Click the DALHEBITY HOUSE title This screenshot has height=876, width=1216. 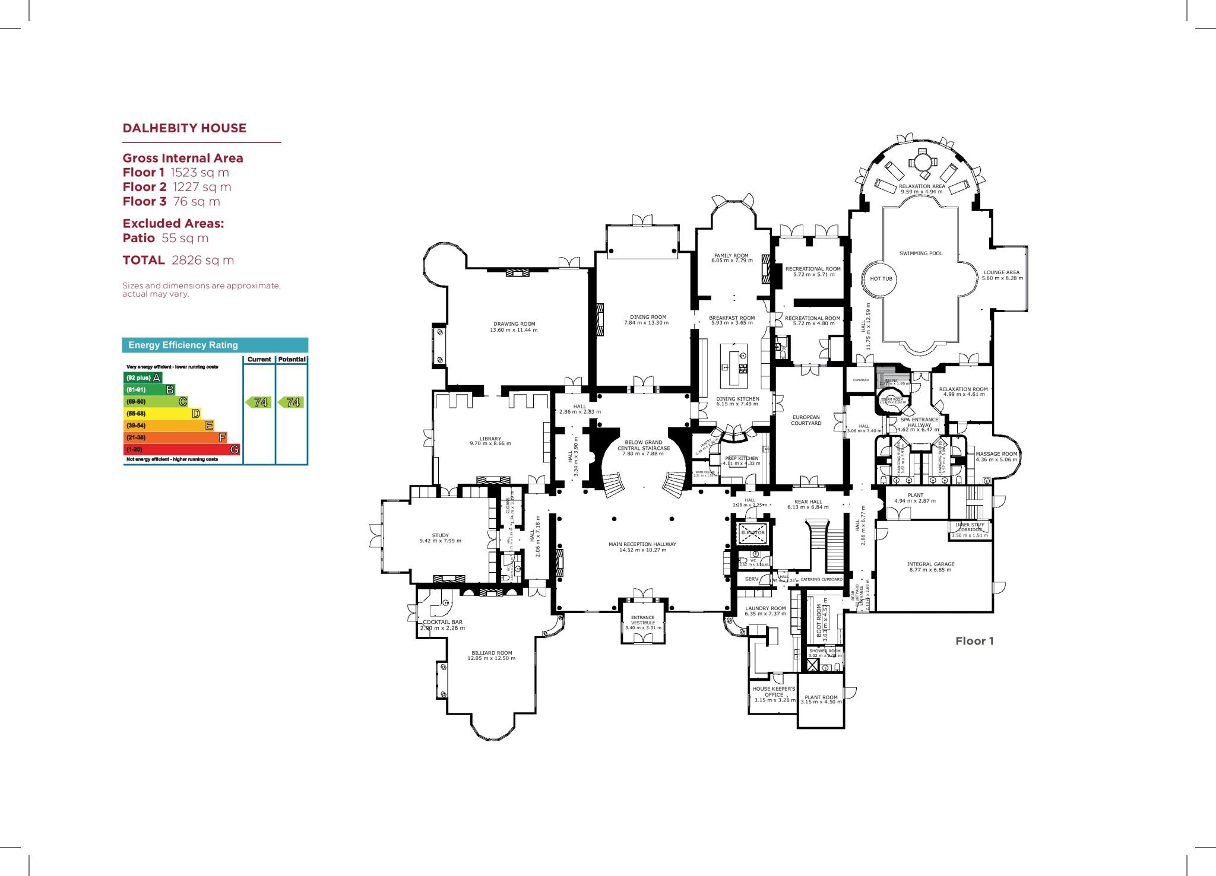[x=184, y=128]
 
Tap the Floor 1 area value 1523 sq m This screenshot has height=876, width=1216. [x=199, y=173]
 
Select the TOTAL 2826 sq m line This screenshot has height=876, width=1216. [x=178, y=260]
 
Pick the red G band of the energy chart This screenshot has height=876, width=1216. [x=182, y=449]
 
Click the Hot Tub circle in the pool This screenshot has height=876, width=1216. [x=881, y=278]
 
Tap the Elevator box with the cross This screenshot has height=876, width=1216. [x=753, y=532]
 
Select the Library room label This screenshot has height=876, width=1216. [x=490, y=439]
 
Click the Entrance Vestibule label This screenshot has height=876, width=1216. [x=643, y=620]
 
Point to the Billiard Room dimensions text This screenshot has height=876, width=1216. [x=491, y=658]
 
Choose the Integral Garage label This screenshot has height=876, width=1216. [x=930, y=564]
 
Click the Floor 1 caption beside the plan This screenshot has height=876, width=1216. [x=974, y=641]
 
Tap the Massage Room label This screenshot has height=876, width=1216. [x=996, y=454]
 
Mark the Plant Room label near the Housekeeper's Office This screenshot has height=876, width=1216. [x=821, y=698]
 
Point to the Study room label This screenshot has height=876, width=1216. [x=441, y=535]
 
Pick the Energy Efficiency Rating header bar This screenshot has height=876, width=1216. [x=215, y=345]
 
